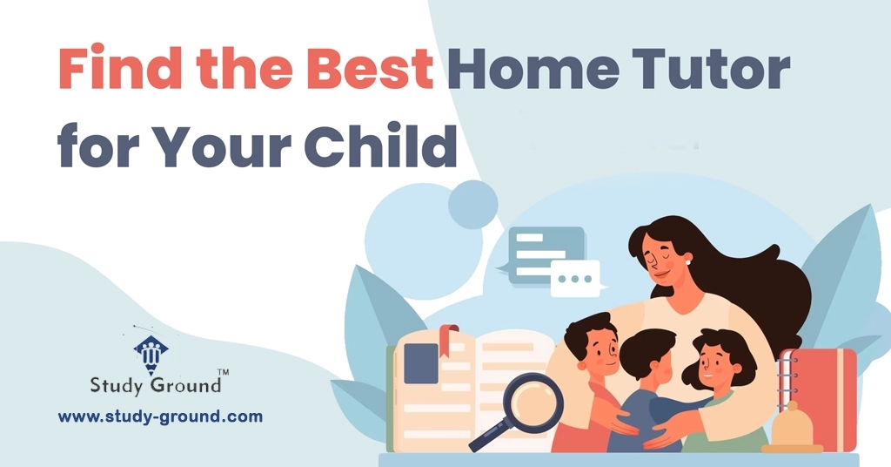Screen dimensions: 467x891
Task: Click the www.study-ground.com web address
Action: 160,416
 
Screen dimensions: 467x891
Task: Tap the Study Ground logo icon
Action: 151,351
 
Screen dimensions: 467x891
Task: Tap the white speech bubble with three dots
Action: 575,278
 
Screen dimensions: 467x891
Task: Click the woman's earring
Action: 687,259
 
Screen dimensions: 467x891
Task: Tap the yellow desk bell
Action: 791,431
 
